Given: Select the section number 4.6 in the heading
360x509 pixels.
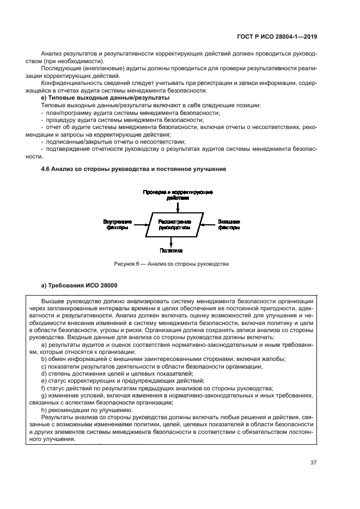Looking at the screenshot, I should [46, 169].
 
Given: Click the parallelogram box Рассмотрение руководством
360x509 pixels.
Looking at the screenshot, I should [174, 225].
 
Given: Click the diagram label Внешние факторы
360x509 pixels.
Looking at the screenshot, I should [229, 225].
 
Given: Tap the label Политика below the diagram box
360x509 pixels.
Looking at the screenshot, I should [170, 251].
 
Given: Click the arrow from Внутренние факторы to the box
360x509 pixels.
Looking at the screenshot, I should [140, 224].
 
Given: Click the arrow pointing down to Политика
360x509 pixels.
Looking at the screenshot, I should [171, 242].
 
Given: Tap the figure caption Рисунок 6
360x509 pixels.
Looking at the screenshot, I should [171, 264].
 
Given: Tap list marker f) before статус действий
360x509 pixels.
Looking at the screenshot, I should [44, 388].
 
